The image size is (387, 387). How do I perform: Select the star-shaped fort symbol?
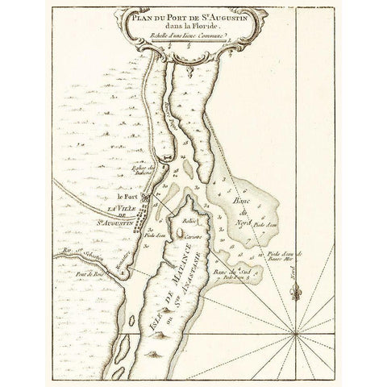click(146, 198)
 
